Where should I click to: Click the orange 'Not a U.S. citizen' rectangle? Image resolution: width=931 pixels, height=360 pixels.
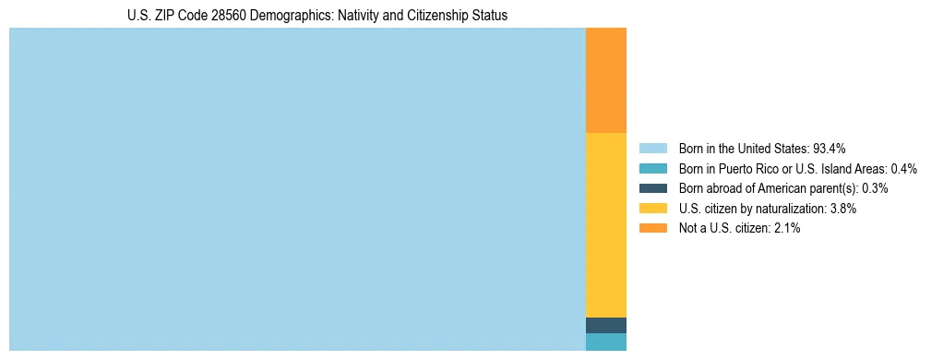pos(606,80)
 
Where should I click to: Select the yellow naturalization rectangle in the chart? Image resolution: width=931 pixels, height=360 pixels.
pos(606,225)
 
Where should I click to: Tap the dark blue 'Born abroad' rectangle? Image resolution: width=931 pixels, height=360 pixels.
pos(606,325)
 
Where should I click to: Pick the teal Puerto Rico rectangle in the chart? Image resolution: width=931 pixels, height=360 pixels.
pos(606,342)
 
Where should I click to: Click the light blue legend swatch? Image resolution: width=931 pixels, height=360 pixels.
pos(652,149)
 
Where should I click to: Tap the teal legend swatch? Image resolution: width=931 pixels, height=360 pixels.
pos(652,169)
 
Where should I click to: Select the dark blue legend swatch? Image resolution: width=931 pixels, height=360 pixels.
pos(652,188)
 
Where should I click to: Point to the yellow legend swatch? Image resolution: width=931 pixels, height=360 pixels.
pos(652,209)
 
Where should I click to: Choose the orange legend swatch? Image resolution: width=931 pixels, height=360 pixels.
pos(652,228)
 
